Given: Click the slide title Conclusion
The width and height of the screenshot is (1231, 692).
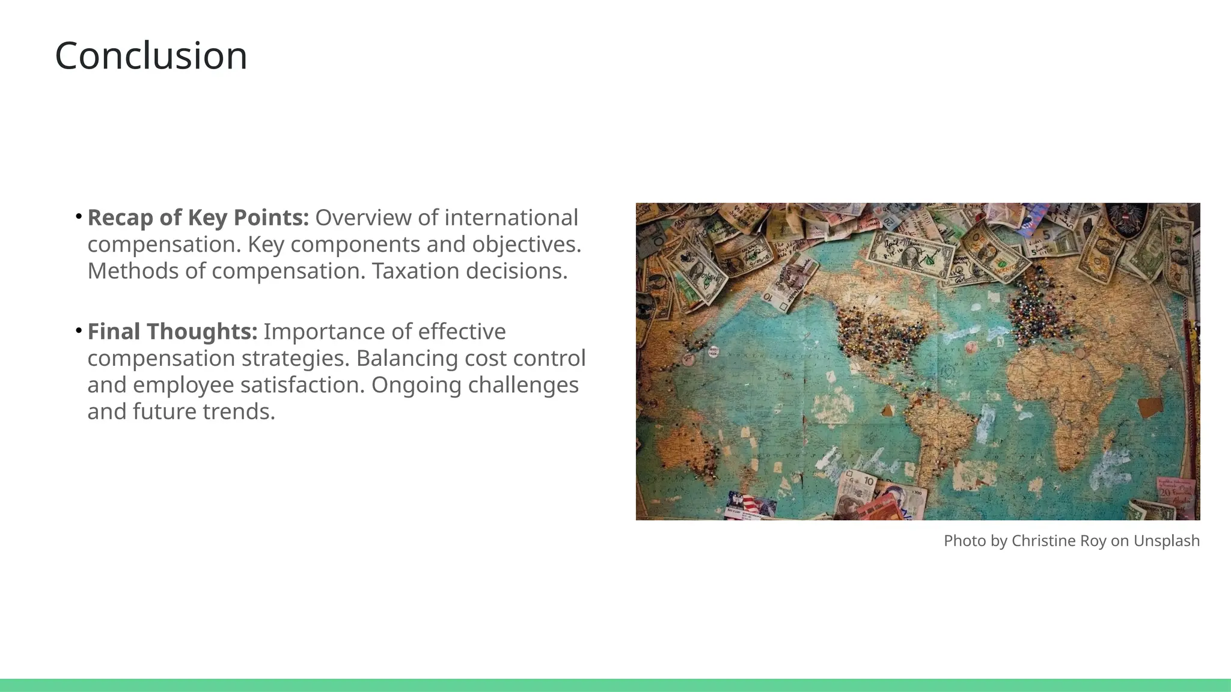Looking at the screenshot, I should tap(151, 56).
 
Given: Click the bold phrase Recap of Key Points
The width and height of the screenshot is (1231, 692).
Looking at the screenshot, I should tap(198, 218).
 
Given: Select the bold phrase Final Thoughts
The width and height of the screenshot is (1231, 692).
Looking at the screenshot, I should tap(172, 332).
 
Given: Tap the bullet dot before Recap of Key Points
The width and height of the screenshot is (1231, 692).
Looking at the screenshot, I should tap(79, 216).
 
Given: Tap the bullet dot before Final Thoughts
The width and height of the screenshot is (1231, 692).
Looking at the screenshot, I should tap(79, 329).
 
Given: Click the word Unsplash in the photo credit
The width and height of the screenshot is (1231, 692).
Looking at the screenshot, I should tap(1166, 541).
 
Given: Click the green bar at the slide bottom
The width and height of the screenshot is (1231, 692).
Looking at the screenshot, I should tap(615, 685).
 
